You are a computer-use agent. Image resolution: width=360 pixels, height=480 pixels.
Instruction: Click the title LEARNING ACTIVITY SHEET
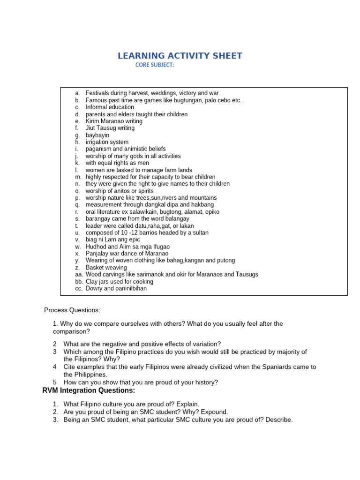coord(180,56)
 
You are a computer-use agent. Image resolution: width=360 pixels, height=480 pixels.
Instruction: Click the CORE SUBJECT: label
coord(155,65)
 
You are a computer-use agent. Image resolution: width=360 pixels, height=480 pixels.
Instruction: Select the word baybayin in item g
coord(97,135)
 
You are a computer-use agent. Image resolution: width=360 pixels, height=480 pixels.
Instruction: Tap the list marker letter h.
coord(77,142)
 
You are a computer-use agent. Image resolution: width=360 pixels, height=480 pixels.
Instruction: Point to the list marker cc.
coord(78,288)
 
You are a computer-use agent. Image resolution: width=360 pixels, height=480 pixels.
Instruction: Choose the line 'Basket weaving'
coord(106,268)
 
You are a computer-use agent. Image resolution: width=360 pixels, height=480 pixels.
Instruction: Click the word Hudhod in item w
coord(96,247)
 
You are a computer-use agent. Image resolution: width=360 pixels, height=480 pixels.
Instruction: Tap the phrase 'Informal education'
coord(110,107)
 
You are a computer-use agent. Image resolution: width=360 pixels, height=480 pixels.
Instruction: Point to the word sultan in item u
coord(200,232)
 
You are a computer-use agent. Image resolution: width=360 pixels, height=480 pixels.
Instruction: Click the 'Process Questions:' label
coord(72,310)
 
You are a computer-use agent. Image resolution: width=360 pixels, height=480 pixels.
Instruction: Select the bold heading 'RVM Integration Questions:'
coord(89,390)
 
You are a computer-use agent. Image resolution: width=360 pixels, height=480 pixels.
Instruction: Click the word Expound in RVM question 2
coord(215,412)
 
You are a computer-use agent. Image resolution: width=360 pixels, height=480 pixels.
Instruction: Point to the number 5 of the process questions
coord(55,382)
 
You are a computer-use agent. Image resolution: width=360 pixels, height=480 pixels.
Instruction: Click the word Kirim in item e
coord(93,121)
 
